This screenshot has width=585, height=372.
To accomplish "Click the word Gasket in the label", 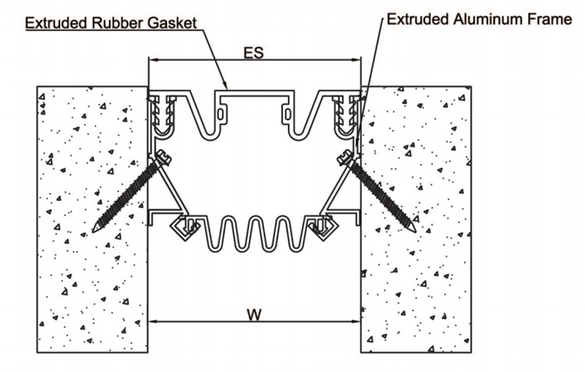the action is click(x=172, y=23).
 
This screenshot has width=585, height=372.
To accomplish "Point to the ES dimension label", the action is click(x=253, y=52).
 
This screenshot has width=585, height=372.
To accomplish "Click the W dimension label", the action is click(x=254, y=314).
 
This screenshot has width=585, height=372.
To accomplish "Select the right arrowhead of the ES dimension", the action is click(x=356, y=60).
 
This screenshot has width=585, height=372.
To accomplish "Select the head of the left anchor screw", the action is click(x=164, y=157).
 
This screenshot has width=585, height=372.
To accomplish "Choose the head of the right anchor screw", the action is click(x=345, y=157).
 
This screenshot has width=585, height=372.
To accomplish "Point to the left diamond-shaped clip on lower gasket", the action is click(x=183, y=228).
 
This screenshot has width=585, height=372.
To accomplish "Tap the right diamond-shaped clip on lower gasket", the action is click(x=324, y=228).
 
